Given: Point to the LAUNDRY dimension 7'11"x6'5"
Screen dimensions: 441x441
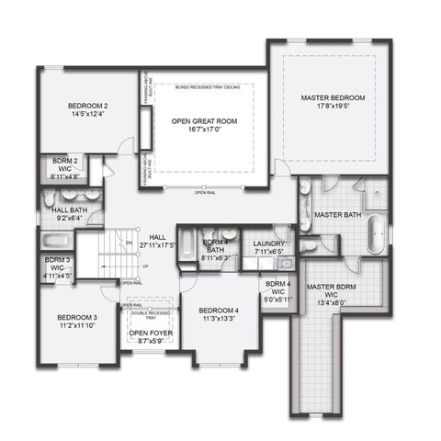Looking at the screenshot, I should pyautogui.click(x=269, y=250).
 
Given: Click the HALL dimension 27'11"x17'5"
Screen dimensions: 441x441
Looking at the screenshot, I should pyautogui.click(x=157, y=244).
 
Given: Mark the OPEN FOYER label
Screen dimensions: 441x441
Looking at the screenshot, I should pyautogui.click(x=150, y=334).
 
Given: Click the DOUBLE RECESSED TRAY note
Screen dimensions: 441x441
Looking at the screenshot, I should pyautogui.click(x=150, y=314).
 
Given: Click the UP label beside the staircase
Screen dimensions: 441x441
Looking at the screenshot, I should pyautogui.click(x=144, y=266).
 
